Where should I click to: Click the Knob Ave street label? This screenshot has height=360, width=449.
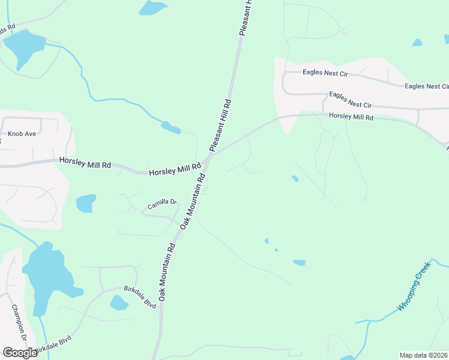22,133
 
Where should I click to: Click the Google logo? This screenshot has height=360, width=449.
20,353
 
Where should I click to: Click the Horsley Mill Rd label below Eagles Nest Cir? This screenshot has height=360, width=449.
351,118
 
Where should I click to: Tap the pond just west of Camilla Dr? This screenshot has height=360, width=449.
86,203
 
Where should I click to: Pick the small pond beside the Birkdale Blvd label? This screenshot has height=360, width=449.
119,302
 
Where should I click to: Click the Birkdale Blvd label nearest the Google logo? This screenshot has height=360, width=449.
53,345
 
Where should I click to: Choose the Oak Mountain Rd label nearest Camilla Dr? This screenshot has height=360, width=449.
193,200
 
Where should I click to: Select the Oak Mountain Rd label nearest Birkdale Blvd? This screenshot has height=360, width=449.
167,272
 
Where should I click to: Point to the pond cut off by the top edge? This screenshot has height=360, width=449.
154,7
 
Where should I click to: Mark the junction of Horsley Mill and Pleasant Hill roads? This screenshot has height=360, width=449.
208,157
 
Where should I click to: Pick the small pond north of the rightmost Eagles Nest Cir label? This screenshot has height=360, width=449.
417,43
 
